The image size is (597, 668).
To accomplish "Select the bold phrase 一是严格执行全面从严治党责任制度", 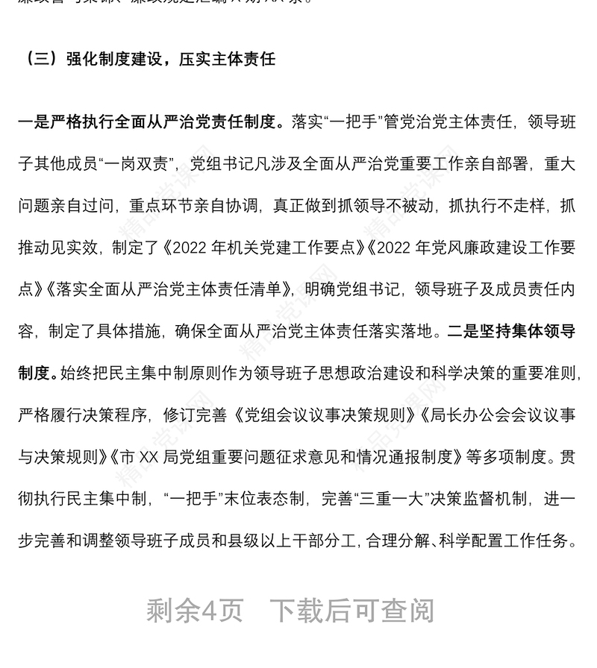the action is [150, 122].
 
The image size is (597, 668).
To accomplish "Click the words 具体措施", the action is [130, 330].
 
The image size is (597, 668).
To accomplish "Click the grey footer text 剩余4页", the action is [195, 611].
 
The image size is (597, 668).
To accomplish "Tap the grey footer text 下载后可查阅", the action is [351, 611].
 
